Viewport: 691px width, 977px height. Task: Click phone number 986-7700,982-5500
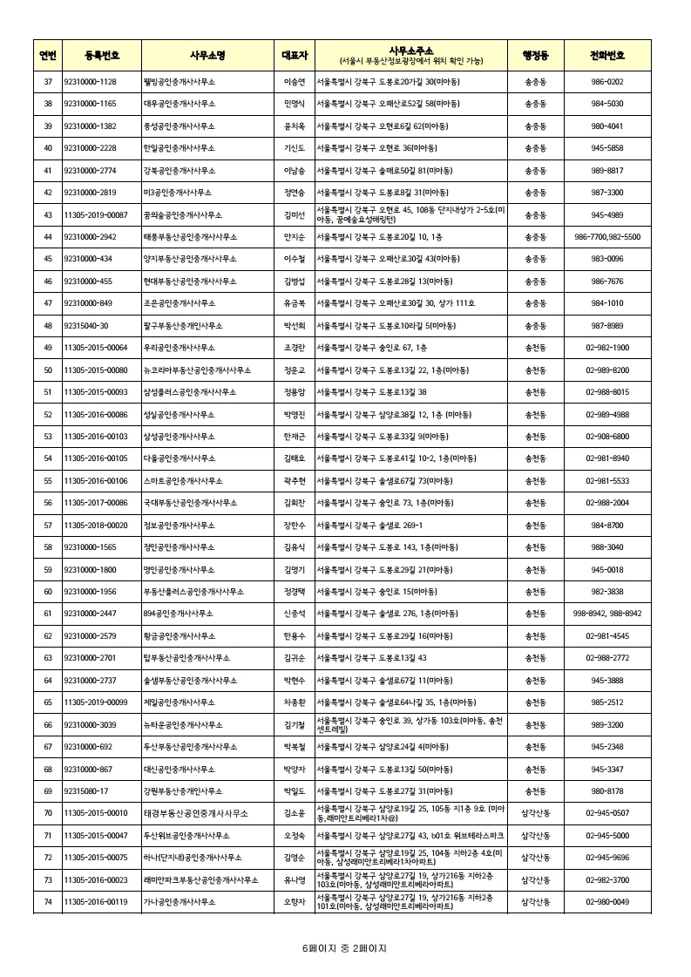(x=607, y=236)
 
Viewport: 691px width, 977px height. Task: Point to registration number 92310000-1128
(x=91, y=81)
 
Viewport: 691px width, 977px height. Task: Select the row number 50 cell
(x=48, y=370)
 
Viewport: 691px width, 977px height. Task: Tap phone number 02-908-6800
(x=607, y=436)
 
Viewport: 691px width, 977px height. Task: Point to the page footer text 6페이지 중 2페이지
(x=344, y=947)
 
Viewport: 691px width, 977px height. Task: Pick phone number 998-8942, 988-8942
(x=607, y=614)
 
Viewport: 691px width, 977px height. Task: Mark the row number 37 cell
(x=48, y=81)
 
